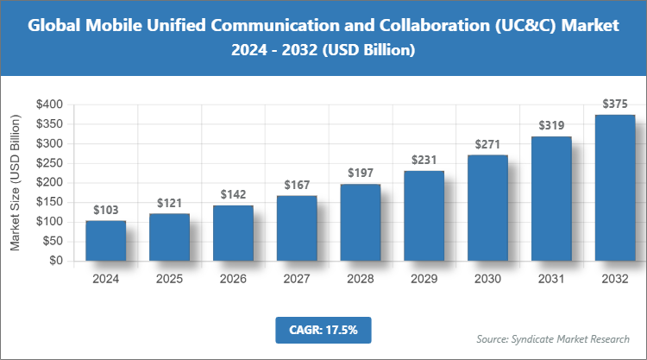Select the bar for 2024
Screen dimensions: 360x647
pyautogui.click(x=106, y=241)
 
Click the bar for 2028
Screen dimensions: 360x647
pyautogui.click(x=361, y=222)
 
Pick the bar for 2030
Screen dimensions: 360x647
pyautogui.click(x=487, y=208)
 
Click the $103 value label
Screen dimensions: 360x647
pyautogui.click(x=106, y=210)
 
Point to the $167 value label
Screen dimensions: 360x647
pyautogui.click(x=297, y=185)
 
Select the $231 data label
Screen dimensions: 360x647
pyautogui.click(x=424, y=160)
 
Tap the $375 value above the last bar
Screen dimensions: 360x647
pyautogui.click(x=615, y=104)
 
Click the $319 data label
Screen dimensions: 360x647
pyautogui.click(x=551, y=125)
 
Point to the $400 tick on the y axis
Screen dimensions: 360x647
pyautogui.click(x=47, y=104)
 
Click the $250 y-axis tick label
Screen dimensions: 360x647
pyautogui.click(x=47, y=163)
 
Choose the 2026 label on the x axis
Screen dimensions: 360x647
pyautogui.click(x=233, y=279)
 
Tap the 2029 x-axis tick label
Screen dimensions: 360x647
pyautogui.click(x=424, y=279)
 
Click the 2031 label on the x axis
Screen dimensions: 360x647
pyautogui.click(x=551, y=279)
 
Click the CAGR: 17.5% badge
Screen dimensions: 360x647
pyautogui.click(x=323, y=330)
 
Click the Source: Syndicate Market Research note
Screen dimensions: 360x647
pyautogui.click(x=553, y=338)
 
